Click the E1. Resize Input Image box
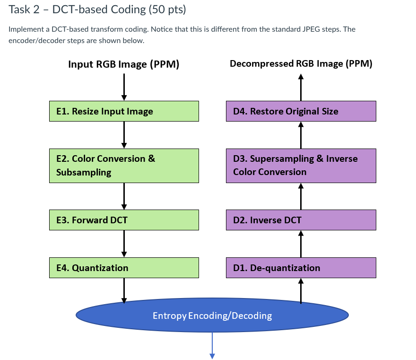[x=124, y=111]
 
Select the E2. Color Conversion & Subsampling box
[x=124, y=166]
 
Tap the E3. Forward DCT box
[x=124, y=220]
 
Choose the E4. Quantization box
[x=124, y=268]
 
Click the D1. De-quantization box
[x=301, y=268]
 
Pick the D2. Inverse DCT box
[x=301, y=220]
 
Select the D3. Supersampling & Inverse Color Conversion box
[x=301, y=166]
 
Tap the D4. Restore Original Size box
[x=301, y=111]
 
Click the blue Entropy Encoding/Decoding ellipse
[x=212, y=315]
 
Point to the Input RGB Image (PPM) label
[x=123, y=64]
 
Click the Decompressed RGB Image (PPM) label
[x=301, y=64]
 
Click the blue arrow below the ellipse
[x=212, y=345]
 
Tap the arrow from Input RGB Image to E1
[x=124, y=87]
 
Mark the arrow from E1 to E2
[x=124, y=135]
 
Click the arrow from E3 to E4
[x=124, y=244]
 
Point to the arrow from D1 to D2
[x=301, y=244]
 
